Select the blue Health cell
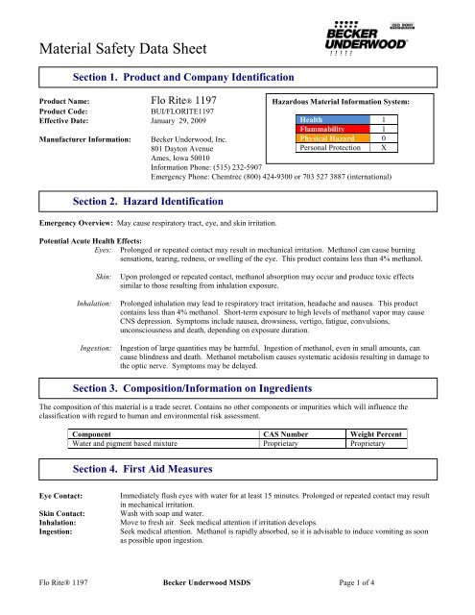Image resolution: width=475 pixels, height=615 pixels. coord(330,118)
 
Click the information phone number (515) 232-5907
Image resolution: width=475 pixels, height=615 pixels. coord(245,168)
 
